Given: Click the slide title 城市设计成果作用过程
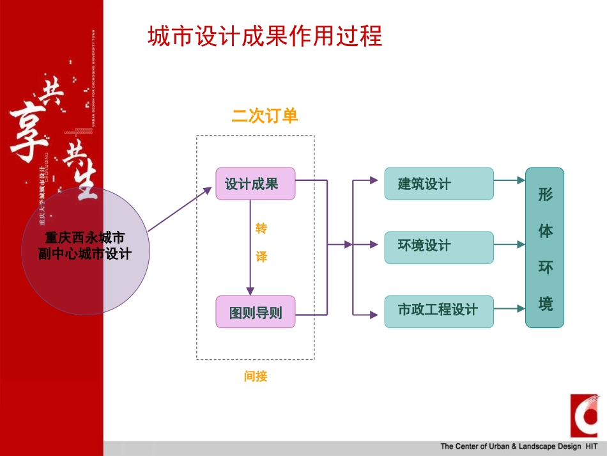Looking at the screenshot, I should (265, 36).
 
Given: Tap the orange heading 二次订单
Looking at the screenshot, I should (265, 116).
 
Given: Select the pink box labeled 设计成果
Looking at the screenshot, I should (255, 184).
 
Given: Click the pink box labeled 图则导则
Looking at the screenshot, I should (255, 312).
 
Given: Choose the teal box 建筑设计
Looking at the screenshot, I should (438, 184).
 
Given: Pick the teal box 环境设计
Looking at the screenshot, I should (438, 247).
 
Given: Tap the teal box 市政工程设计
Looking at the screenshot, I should (438, 311).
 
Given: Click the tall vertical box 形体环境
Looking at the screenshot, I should (544, 248).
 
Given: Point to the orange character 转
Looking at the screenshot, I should (261, 228).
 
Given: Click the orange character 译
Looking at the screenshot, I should (261, 256).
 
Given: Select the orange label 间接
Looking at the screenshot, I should (255, 376).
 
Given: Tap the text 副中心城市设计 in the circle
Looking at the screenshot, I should (85, 254).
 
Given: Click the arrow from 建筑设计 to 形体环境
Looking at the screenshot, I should (510, 181).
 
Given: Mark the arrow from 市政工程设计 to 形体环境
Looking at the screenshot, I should (510, 309).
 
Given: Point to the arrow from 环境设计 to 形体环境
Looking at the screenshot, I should (510, 244).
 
